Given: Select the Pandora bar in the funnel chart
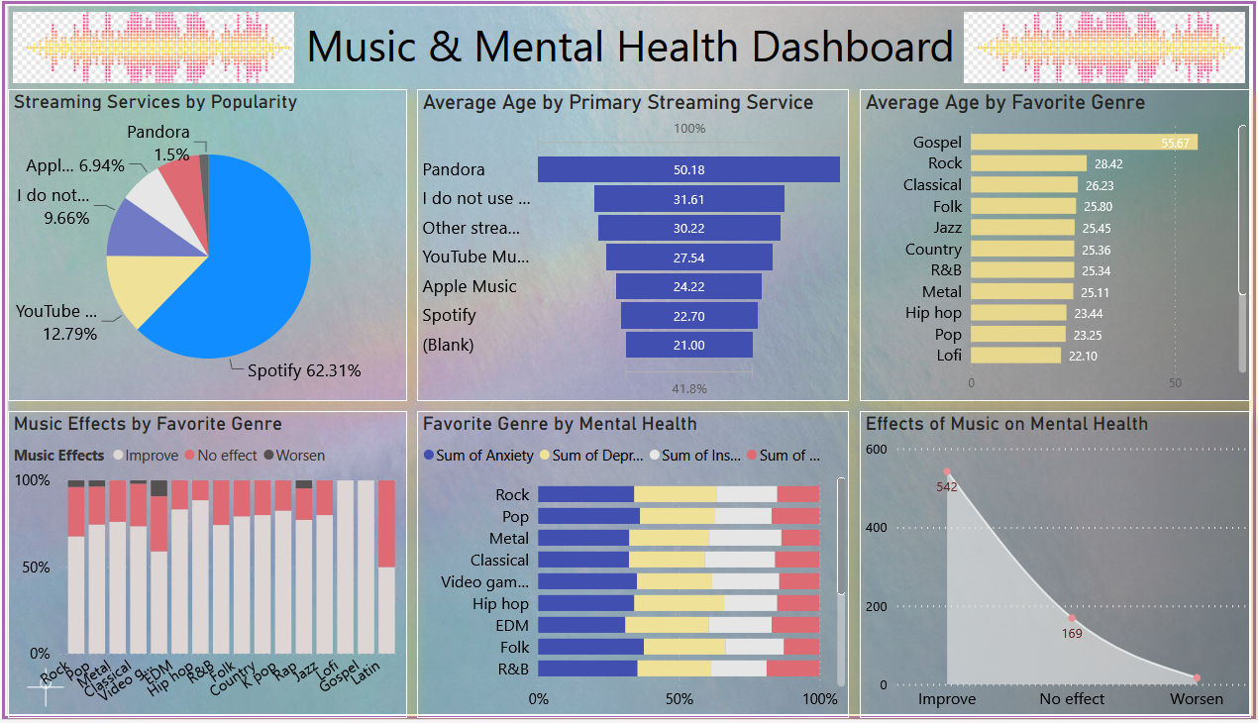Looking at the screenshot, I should (x=688, y=169).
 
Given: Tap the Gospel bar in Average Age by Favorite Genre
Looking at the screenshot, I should (x=1084, y=143).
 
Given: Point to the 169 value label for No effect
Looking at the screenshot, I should (x=1071, y=633).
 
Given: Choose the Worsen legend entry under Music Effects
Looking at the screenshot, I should (x=293, y=456).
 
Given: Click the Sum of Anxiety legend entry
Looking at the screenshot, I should (x=478, y=456).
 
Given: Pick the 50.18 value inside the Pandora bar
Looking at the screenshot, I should (x=688, y=169).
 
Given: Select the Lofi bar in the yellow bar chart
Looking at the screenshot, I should (x=1015, y=356).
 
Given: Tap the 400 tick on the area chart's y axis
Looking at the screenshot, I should (x=877, y=527).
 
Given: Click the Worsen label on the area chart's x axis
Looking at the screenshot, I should (x=1197, y=699).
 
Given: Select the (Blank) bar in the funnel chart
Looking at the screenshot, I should (x=688, y=345).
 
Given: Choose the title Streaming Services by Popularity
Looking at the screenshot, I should (x=156, y=102).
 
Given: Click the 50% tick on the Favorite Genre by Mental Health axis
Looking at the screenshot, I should (x=680, y=699).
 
